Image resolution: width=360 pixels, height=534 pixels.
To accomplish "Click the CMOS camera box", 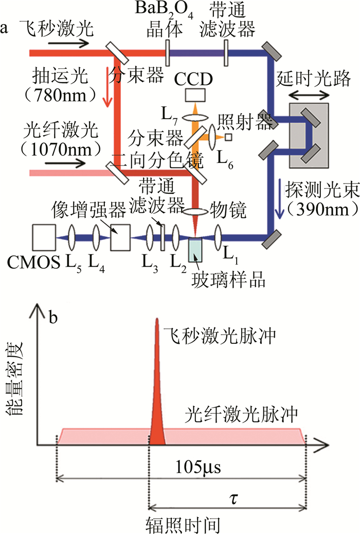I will pyautogui.click(x=44, y=237).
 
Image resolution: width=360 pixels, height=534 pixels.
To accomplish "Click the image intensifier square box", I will pyautogui.click(x=120, y=237).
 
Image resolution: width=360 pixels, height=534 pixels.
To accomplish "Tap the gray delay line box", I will pyautogui.click(x=308, y=135).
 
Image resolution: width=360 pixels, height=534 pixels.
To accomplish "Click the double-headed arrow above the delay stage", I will pyautogui.click(x=308, y=95).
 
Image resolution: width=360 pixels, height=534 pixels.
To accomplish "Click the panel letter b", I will pyautogui.click(x=53, y=317).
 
